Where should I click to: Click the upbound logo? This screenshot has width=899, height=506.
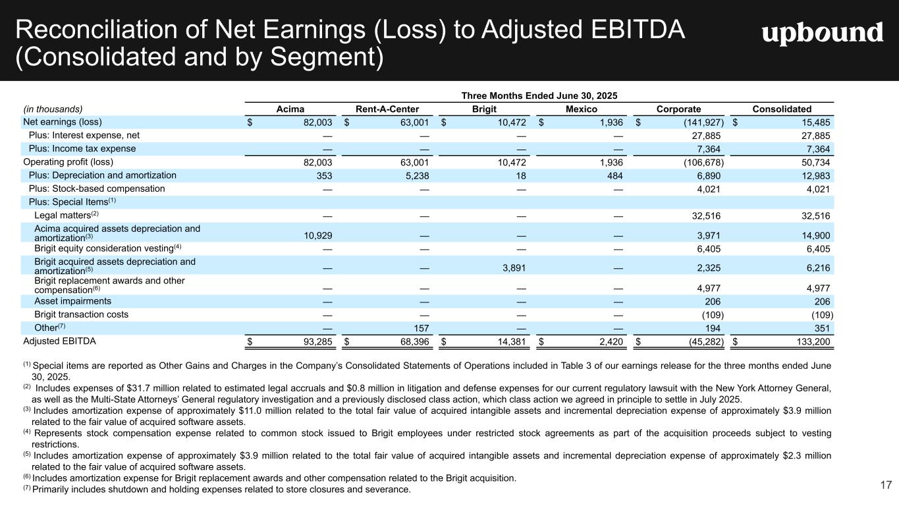(822, 33)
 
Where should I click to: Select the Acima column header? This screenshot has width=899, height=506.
(290, 109)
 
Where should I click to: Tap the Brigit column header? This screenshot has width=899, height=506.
(484, 109)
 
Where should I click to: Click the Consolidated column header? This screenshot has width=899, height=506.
(782, 109)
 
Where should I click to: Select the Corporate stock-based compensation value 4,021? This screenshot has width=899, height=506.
(708, 189)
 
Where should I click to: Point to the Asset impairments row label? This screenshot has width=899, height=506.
(72, 301)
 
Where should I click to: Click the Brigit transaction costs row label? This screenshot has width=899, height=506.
(81, 314)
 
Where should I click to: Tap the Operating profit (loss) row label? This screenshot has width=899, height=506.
(68, 161)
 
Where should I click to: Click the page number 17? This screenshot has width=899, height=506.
(886, 486)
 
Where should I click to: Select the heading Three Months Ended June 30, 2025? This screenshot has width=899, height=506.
(539, 96)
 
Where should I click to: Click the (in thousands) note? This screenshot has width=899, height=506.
(53, 109)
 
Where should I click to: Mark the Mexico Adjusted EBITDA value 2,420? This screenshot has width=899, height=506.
(610, 341)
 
